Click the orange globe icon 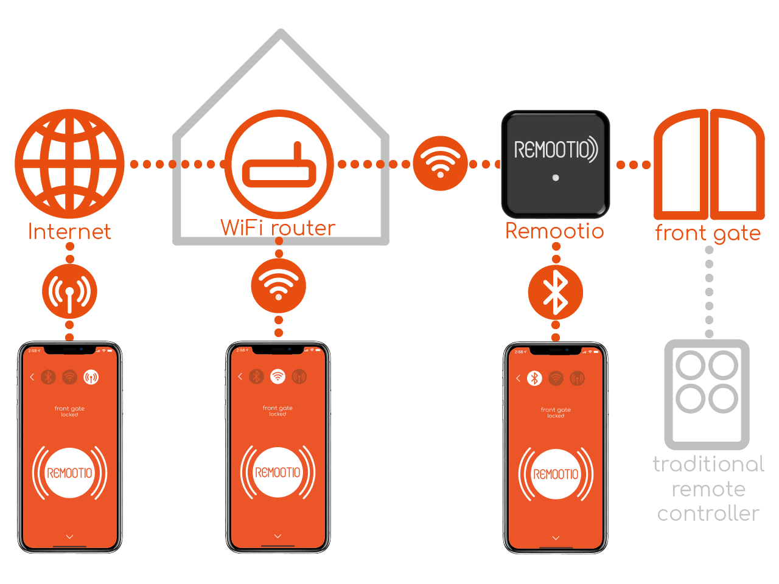(69, 164)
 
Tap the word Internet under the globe (69, 232)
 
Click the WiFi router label (278, 228)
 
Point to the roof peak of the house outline (281, 34)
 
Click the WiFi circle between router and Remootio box (440, 163)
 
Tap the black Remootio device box (555, 164)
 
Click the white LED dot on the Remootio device (556, 178)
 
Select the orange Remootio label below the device (554, 231)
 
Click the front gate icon (709, 164)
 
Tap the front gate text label (708, 233)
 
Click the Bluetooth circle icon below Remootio (555, 292)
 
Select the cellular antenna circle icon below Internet (69, 291)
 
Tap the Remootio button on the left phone (69, 473)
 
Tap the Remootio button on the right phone (556, 474)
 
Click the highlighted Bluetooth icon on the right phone (534, 378)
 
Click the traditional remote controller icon (707, 394)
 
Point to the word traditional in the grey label (708, 465)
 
